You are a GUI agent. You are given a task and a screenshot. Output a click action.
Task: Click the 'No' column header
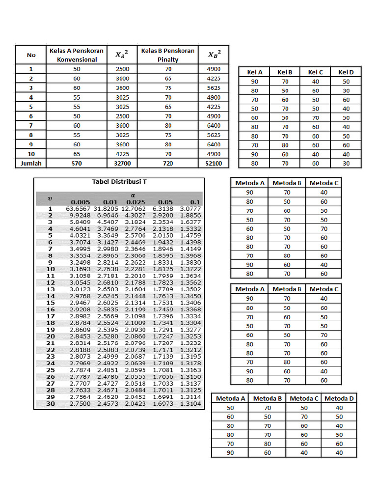[x=31, y=55]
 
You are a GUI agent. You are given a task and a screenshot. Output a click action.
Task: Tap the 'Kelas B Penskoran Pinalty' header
[x=168, y=55]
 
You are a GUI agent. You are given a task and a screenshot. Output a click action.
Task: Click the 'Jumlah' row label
[x=31, y=163]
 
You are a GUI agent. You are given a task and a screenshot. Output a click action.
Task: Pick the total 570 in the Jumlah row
[x=77, y=163]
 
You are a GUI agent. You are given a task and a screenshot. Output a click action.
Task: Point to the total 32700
[x=122, y=163]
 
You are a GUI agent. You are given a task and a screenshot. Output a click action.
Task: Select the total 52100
[x=214, y=163]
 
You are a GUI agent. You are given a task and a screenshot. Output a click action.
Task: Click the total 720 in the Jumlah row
[x=168, y=163]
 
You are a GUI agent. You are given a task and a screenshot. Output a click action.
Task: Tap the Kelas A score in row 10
[x=77, y=154]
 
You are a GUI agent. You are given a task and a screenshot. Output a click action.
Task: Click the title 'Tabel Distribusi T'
[x=119, y=182]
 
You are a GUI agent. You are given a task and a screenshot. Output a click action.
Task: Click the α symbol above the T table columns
[x=133, y=195]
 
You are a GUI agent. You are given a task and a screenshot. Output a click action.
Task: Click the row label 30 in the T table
[x=51, y=403]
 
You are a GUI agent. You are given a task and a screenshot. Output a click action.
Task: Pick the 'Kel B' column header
[x=285, y=72]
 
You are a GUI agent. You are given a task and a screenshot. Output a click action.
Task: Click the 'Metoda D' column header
[x=339, y=398]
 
